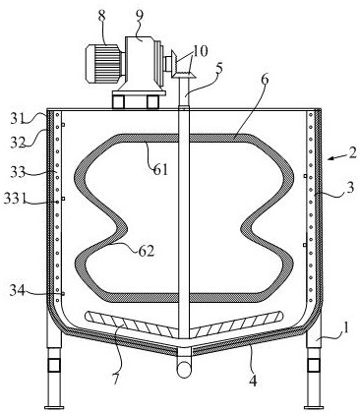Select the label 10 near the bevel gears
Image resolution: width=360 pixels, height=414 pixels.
(200, 51)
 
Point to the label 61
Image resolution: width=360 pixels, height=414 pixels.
(160, 170)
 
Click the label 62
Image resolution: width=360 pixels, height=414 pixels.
(146, 251)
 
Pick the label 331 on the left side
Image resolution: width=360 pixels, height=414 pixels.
(15, 199)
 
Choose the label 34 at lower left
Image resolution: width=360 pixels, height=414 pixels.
(17, 290)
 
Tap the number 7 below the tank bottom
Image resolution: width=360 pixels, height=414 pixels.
(116, 379)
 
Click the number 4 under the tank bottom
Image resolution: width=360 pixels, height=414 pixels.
(252, 381)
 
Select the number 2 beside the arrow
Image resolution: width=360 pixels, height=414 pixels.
(352, 153)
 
